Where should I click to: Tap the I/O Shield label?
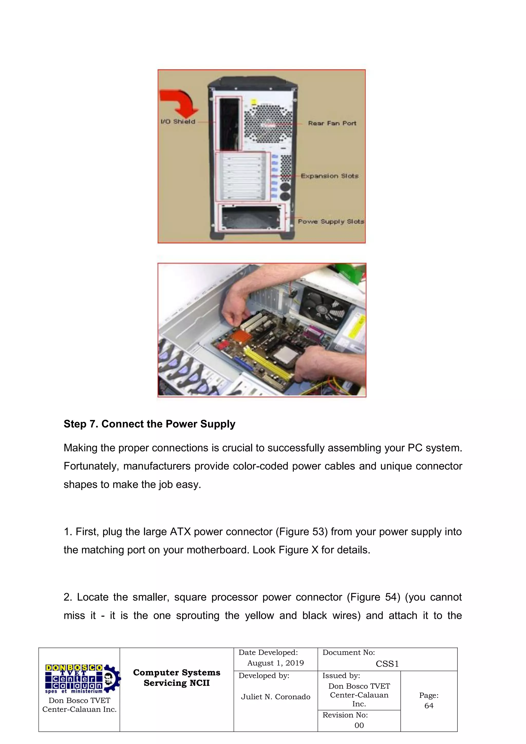click(178, 122)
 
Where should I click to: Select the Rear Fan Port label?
click(332, 123)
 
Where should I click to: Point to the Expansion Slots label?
click(330, 176)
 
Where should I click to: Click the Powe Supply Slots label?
click(331, 221)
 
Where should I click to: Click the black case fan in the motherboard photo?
click(325, 308)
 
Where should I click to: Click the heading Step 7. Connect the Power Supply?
click(149, 424)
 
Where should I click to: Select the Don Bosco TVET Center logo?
click(81, 679)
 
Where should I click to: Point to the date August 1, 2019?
click(275, 663)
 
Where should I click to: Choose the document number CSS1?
click(387, 664)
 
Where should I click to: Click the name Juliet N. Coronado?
click(275, 697)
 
